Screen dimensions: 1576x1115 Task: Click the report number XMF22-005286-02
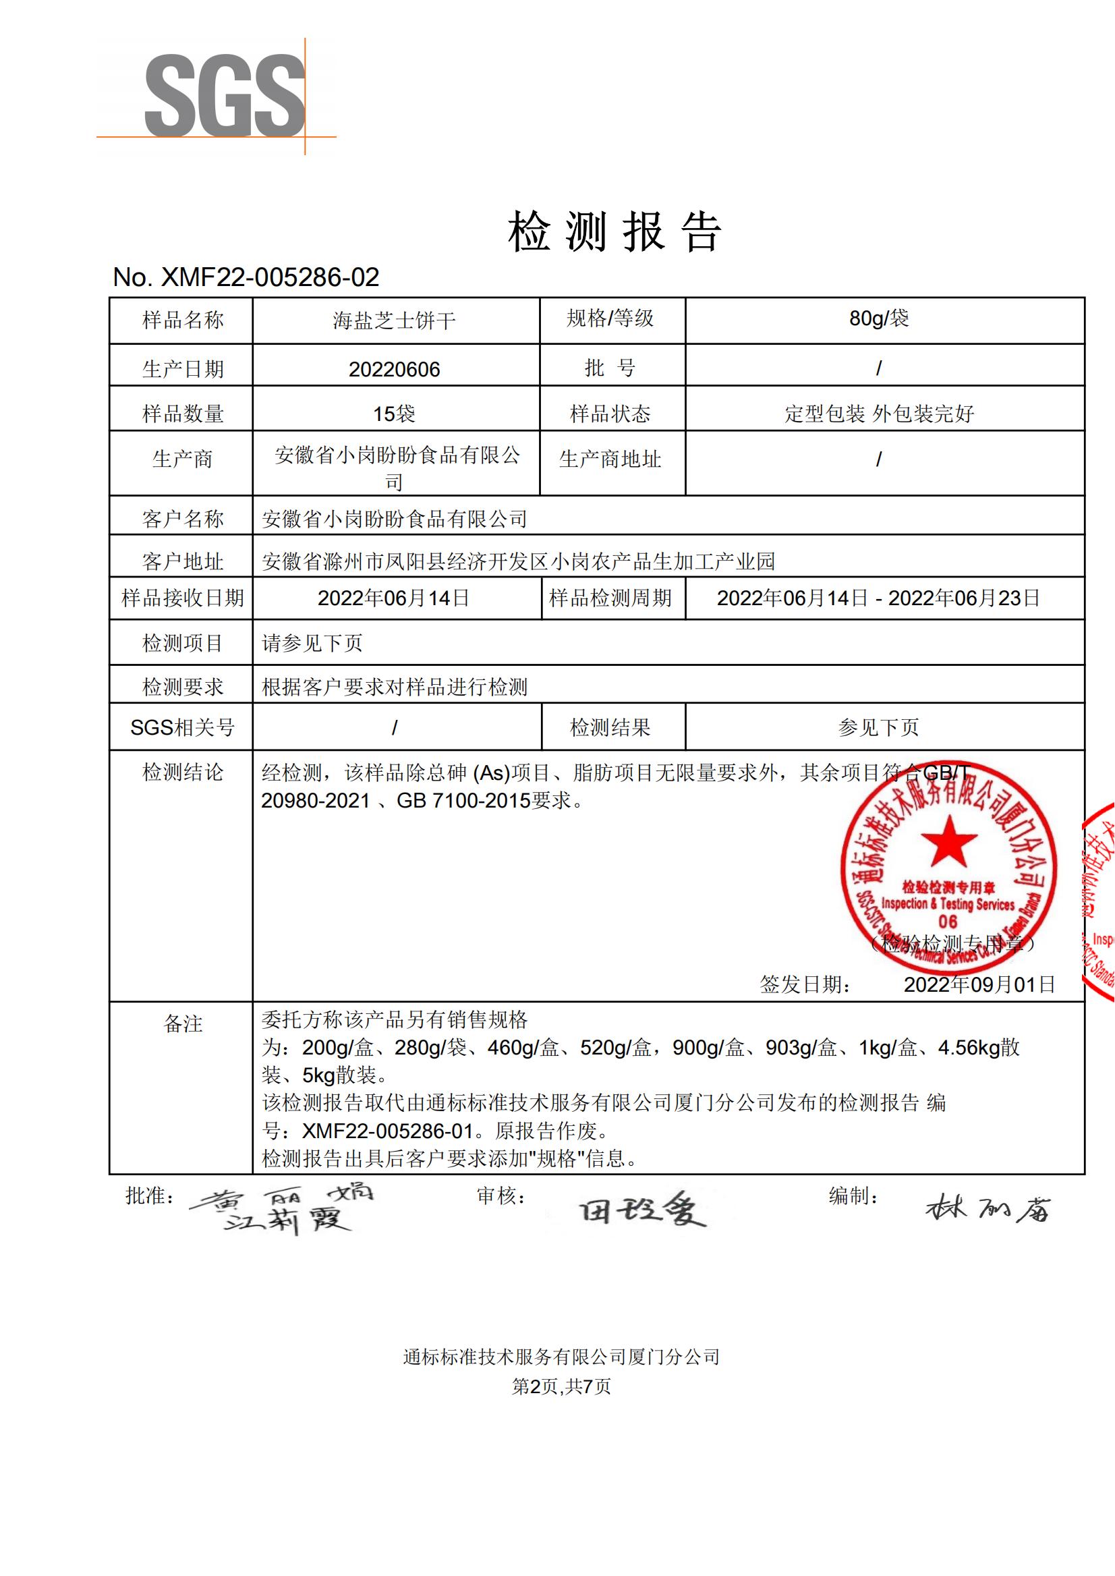246,277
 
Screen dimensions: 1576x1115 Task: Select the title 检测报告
614,231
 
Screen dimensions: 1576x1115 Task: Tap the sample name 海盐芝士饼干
394,320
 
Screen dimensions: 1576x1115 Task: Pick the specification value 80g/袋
879,318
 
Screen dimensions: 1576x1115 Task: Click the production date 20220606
394,370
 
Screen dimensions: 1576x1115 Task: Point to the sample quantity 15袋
394,414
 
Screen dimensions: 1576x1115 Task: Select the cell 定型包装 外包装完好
880,414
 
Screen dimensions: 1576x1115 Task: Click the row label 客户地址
183,562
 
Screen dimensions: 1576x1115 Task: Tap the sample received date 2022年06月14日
394,598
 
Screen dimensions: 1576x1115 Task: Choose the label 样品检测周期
610,598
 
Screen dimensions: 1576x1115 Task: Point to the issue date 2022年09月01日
979,985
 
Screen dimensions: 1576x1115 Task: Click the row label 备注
183,1024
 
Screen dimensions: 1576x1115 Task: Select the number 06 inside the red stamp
948,922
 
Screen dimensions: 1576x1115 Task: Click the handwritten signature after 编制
988,1208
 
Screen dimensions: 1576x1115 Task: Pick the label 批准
150,1196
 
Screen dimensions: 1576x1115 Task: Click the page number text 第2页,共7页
561,1386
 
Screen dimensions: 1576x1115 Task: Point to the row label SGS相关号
183,727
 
